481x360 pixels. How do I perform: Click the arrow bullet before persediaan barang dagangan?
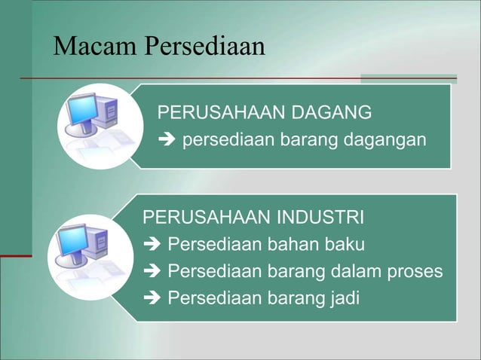point(164,140)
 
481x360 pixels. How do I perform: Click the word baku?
point(345,246)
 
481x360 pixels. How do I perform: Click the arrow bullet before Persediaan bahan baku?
point(152,246)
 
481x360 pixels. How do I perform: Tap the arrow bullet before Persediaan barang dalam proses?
point(152,273)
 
